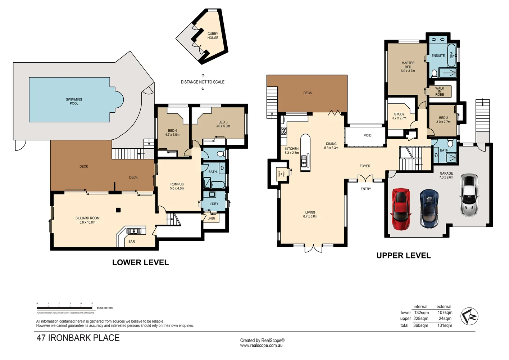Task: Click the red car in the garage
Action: [x=401, y=209]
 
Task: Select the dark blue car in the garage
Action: [x=429, y=209]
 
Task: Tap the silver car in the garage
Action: [x=469, y=195]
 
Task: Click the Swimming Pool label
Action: [x=74, y=102]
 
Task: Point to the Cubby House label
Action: [x=213, y=36]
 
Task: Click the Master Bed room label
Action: [x=408, y=67]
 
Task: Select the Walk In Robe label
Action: [x=440, y=91]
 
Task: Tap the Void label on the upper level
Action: [x=367, y=136]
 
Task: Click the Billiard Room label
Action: [x=87, y=220]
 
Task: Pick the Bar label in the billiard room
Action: [x=132, y=242]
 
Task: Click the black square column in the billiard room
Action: [x=118, y=210]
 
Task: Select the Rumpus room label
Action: [x=177, y=186]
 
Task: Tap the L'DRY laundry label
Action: [x=214, y=204]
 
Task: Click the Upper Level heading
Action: [x=403, y=256]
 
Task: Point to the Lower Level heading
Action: [x=140, y=262]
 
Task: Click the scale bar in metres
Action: [x=65, y=308]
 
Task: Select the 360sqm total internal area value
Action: [x=421, y=325]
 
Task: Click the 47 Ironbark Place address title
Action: [x=78, y=338]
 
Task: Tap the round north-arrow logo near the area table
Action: [x=469, y=316]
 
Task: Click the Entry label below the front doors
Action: [x=365, y=189]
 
